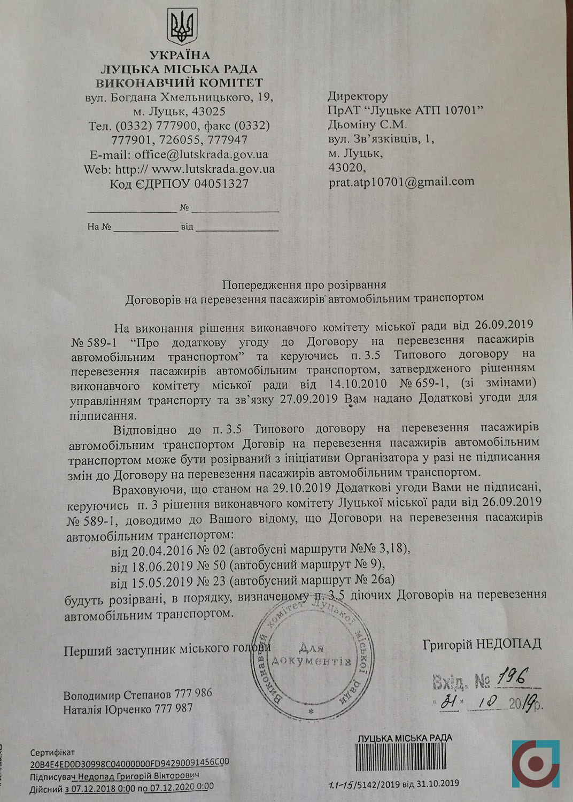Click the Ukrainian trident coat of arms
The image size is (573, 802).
tap(182, 27)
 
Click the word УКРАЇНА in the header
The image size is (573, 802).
tap(180, 55)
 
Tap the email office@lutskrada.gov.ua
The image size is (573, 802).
tap(201, 155)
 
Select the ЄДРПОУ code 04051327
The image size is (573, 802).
tap(221, 184)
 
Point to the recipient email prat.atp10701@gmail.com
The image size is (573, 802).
tap(401, 182)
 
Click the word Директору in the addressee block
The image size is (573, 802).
tap(358, 96)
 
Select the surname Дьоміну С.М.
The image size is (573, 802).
tap(367, 125)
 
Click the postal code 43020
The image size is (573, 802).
tap(347, 167)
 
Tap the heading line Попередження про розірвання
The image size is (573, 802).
tap(304, 284)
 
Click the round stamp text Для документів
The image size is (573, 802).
tap(311, 655)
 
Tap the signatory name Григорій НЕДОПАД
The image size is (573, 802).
tap(482, 644)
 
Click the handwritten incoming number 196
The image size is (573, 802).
tap(512, 677)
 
